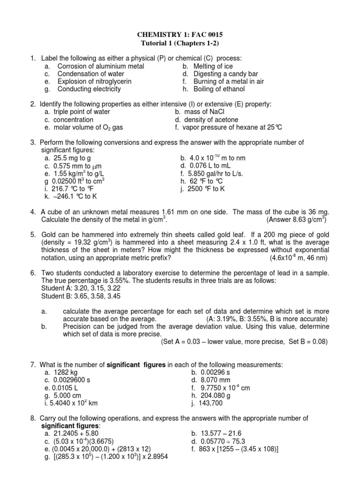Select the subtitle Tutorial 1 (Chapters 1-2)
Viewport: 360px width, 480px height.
pyautogui.click(x=180, y=44)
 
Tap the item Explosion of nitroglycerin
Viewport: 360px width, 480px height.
pyautogui.click(x=94, y=82)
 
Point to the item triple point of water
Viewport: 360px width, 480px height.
pyautogui.click(x=82, y=112)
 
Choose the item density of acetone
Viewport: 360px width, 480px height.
pyautogui.click(x=211, y=120)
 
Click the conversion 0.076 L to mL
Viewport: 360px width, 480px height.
pyautogui.click(x=211, y=166)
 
